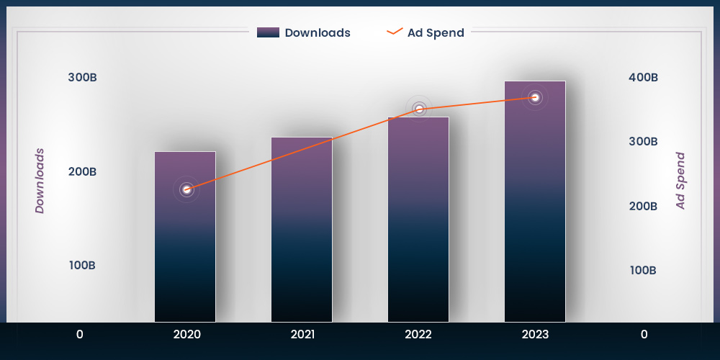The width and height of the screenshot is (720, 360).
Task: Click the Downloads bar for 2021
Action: click(302, 230)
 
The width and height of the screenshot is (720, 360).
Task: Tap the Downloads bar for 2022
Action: click(418, 220)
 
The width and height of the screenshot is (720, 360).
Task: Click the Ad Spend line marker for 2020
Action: click(186, 189)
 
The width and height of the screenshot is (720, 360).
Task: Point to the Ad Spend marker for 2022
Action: click(419, 109)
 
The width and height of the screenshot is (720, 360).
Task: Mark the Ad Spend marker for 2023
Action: click(535, 97)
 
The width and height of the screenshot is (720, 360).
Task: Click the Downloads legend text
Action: click(318, 32)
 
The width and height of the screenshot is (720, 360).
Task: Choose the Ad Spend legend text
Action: click(436, 32)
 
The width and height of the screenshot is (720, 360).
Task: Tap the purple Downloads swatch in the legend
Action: click(268, 32)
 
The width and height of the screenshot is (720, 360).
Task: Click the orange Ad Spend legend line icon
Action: click(395, 32)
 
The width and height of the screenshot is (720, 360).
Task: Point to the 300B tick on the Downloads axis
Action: click(83, 78)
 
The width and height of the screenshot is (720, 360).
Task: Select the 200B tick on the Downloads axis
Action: click(83, 171)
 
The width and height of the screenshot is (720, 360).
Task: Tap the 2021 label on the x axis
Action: click(302, 334)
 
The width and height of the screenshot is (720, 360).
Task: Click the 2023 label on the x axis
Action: click(535, 334)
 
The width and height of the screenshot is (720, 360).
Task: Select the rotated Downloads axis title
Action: click(40, 181)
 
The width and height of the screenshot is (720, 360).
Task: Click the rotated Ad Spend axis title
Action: click(680, 181)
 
